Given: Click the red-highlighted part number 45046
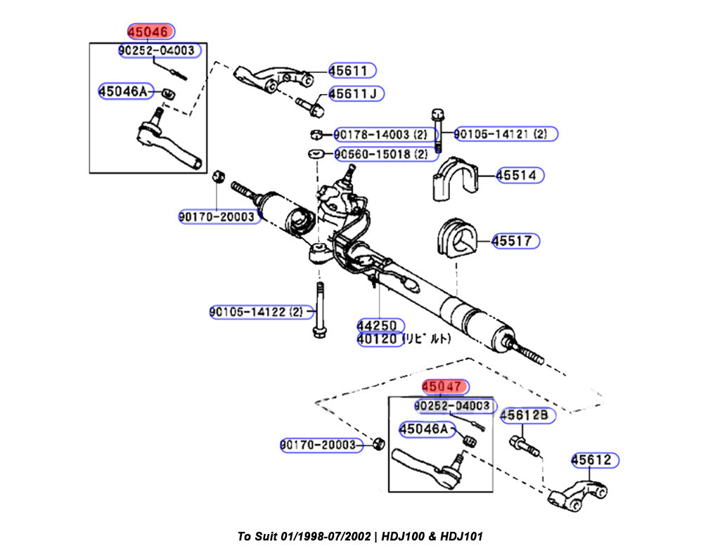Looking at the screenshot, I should (x=150, y=32).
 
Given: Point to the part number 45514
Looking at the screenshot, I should (x=520, y=175).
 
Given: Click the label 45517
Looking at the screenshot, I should (x=515, y=241).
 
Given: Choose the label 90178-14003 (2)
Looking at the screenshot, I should (x=380, y=133).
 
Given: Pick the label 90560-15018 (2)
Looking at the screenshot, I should (x=380, y=153).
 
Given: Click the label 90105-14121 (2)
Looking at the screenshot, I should (x=504, y=133).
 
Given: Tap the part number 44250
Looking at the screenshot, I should (x=380, y=326).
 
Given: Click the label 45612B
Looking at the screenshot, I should (x=527, y=416).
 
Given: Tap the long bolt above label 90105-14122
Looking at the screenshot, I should (x=319, y=309).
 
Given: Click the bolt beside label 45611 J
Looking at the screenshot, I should (x=309, y=106).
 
